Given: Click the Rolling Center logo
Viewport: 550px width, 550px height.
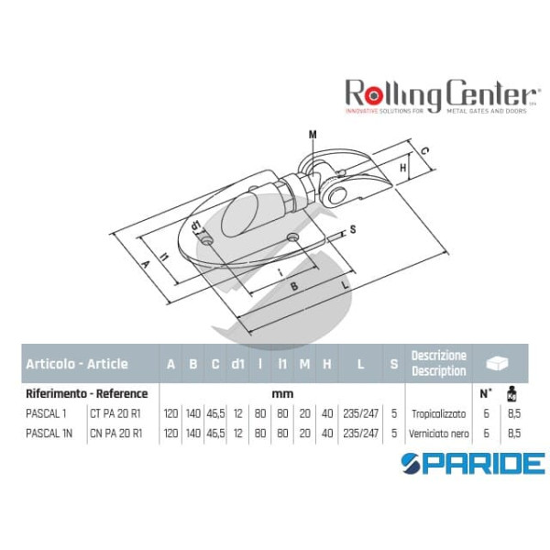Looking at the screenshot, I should point(440,94).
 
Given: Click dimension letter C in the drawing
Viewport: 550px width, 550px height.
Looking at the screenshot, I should point(426,148).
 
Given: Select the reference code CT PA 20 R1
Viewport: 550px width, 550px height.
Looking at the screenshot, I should point(115,413).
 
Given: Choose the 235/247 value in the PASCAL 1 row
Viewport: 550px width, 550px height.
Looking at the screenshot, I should point(360,413).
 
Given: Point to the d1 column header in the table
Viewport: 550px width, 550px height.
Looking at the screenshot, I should point(237,364).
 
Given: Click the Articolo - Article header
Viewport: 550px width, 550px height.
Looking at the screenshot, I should point(77,364).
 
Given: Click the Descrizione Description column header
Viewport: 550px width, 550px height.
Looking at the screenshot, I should point(439,363).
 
